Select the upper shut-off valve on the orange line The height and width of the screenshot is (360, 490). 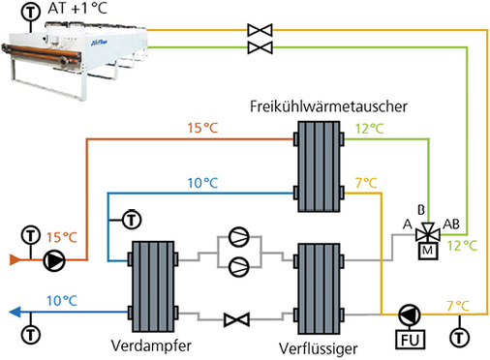pyautogui.click(x=259, y=29)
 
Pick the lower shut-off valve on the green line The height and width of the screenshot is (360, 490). pyautogui.click(x=259, y=46)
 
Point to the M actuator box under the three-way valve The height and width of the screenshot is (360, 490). pyautogui.click(x=425, y=252)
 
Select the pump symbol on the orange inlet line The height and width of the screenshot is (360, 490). pyautogui.click(x=54, y=259)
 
